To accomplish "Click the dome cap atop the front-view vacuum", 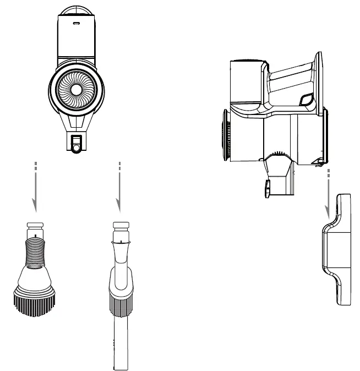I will point(75,9).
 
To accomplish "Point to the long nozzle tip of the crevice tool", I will point(122,347).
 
